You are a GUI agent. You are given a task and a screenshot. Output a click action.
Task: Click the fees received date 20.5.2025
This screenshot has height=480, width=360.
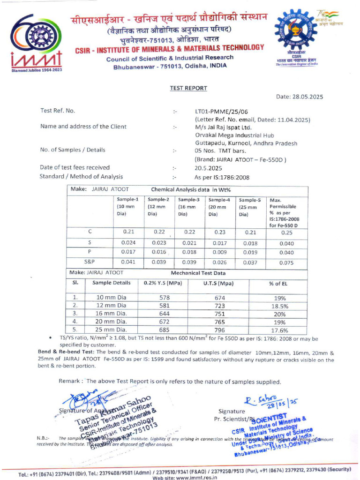(x=209, y=168)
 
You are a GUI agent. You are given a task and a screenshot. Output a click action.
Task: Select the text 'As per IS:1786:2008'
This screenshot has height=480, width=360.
(x=222, y=177)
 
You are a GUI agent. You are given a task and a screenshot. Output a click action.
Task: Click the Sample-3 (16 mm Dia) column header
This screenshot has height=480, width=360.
(x=188, y=207)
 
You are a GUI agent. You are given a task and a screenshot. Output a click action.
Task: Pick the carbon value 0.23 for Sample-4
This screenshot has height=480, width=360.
(x=219, y=232)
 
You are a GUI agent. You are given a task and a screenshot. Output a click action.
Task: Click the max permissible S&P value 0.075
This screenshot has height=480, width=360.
(x=286, y=263)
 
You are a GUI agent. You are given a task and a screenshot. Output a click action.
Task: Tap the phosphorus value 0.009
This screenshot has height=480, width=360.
(x=219, y=252)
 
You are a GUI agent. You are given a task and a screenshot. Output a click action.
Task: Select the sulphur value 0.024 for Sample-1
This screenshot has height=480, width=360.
(x=128, y=242)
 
